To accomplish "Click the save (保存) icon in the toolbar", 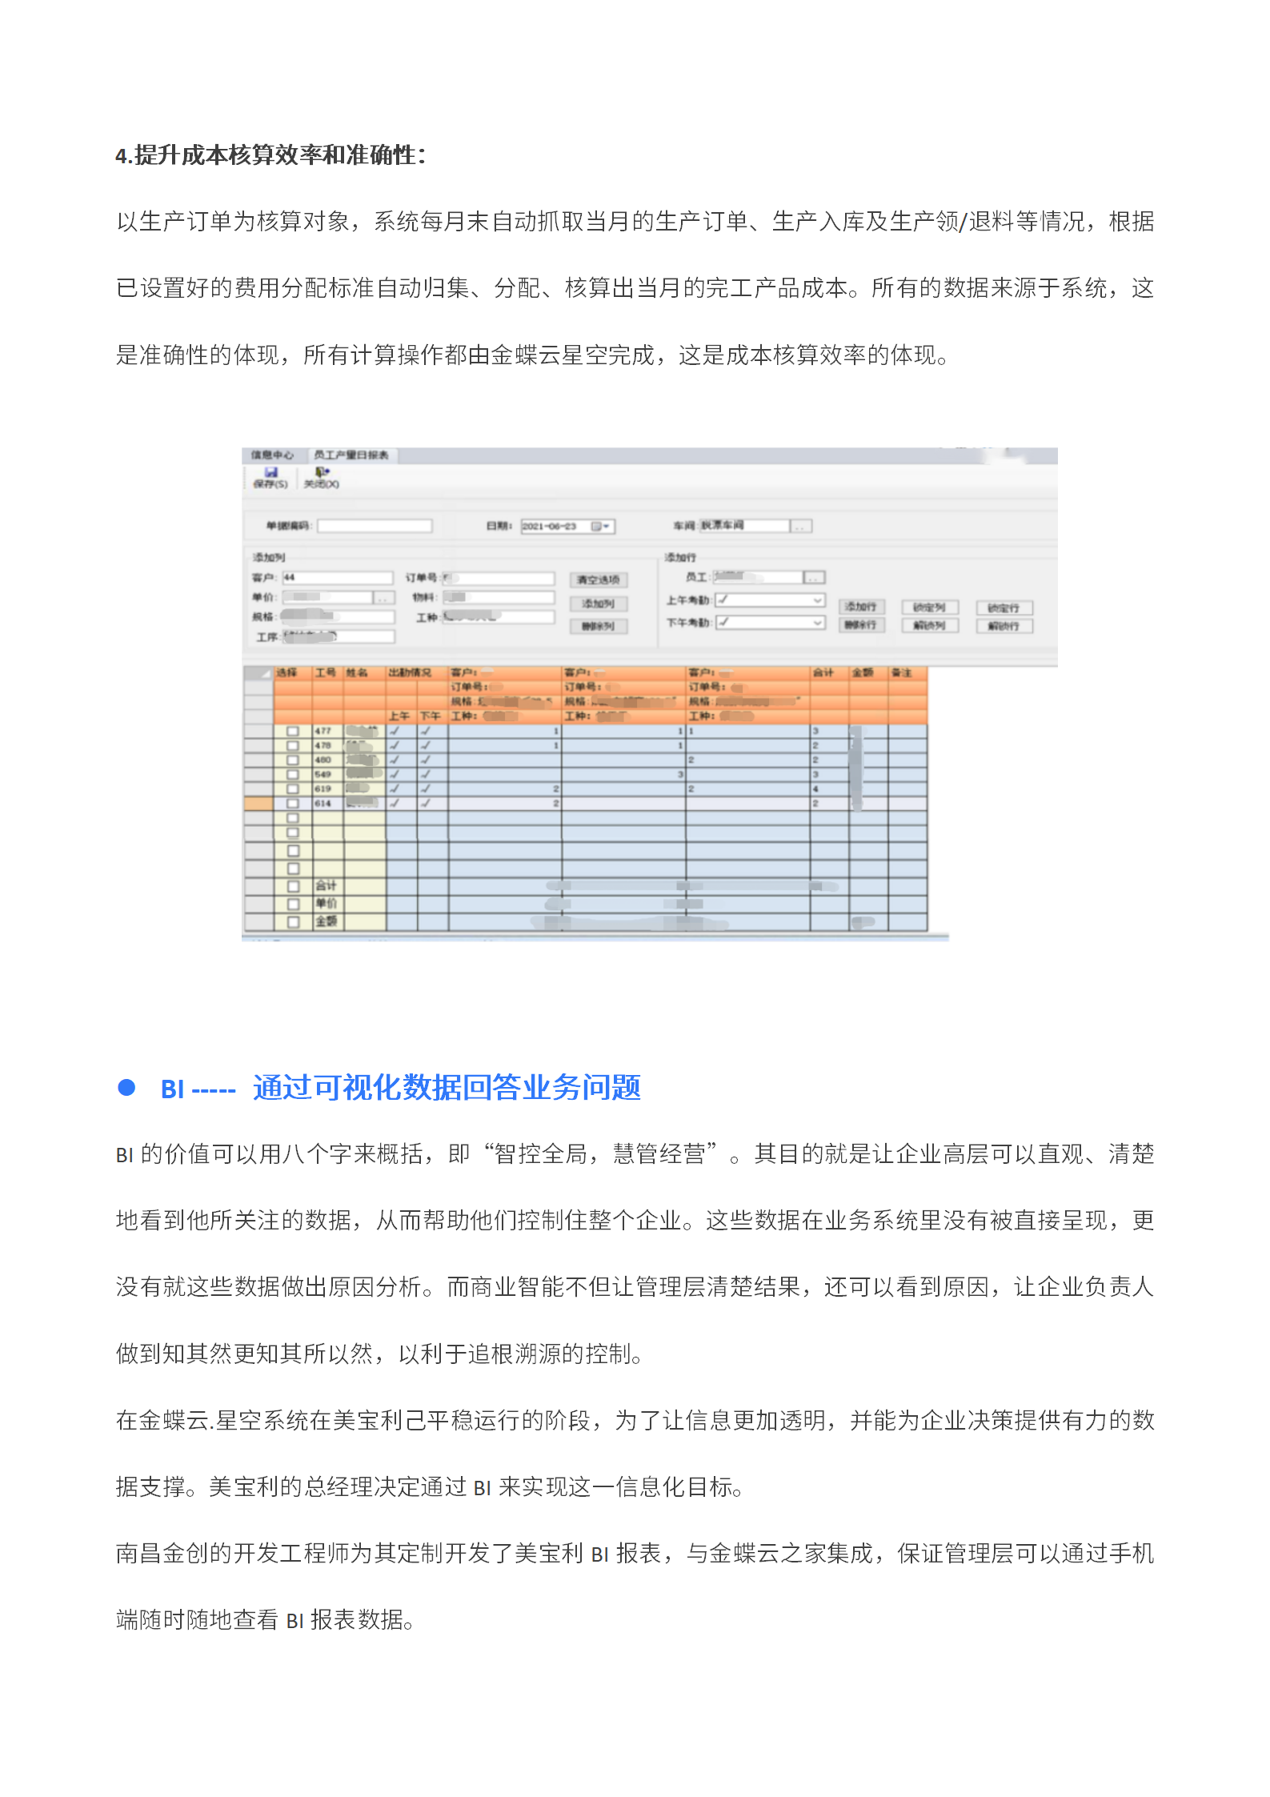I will tap(270, 473).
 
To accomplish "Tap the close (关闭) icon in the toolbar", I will tap(322, 473).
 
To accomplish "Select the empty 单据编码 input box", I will tap(375, 526).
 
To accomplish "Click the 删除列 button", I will tap(598, 626).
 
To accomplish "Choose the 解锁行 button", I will tap(1004, 626).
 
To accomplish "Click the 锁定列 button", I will tap(929, 608).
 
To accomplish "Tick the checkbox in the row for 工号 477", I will tap(293, 731).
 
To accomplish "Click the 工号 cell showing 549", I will tap(323, 774).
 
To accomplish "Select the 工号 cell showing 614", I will tap(323, 803).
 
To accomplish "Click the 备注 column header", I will tap(902, 672).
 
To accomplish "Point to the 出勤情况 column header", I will tap(410, 672).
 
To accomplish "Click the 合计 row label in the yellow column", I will tap(326, 885).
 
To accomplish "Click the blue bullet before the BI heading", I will tap(126, 1087).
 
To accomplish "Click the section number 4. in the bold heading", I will tap(123, 155).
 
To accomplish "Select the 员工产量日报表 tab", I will tap(351, 455).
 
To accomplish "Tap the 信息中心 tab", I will tap(272, 455).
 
